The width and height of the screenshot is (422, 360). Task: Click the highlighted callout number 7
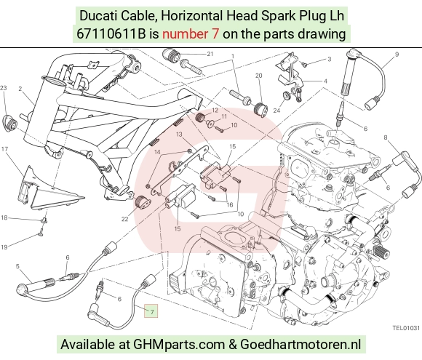(x=152, y=312)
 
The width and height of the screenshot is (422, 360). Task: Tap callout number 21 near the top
(x=210, y=54)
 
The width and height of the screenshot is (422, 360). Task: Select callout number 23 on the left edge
(x=3, y=88)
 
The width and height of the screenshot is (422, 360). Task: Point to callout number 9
(x=397, y=54)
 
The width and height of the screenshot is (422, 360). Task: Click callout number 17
(x=4, y=149)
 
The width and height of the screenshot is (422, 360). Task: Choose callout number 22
(x=124, y=219)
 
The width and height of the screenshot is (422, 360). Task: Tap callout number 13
(x=179, y=134)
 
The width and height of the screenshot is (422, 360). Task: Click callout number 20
(x=258, y=76)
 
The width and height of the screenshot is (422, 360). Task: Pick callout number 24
(x=276, y=111)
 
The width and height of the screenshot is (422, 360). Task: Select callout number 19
(x=4, y=247)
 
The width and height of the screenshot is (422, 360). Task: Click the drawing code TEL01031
(x=406, y=328)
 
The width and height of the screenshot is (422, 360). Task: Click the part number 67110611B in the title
(x=111, y=34)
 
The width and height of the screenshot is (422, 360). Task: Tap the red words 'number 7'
(x=191, y=34)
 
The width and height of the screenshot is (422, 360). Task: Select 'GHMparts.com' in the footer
(x=179, y=345)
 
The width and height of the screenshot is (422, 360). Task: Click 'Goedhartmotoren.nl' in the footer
(x=300, y=344)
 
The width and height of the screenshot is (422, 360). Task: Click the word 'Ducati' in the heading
(x=98, y=15)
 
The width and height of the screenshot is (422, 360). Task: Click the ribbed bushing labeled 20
(x=260, y=109)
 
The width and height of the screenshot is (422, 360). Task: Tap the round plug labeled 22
(x=142, y=202)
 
